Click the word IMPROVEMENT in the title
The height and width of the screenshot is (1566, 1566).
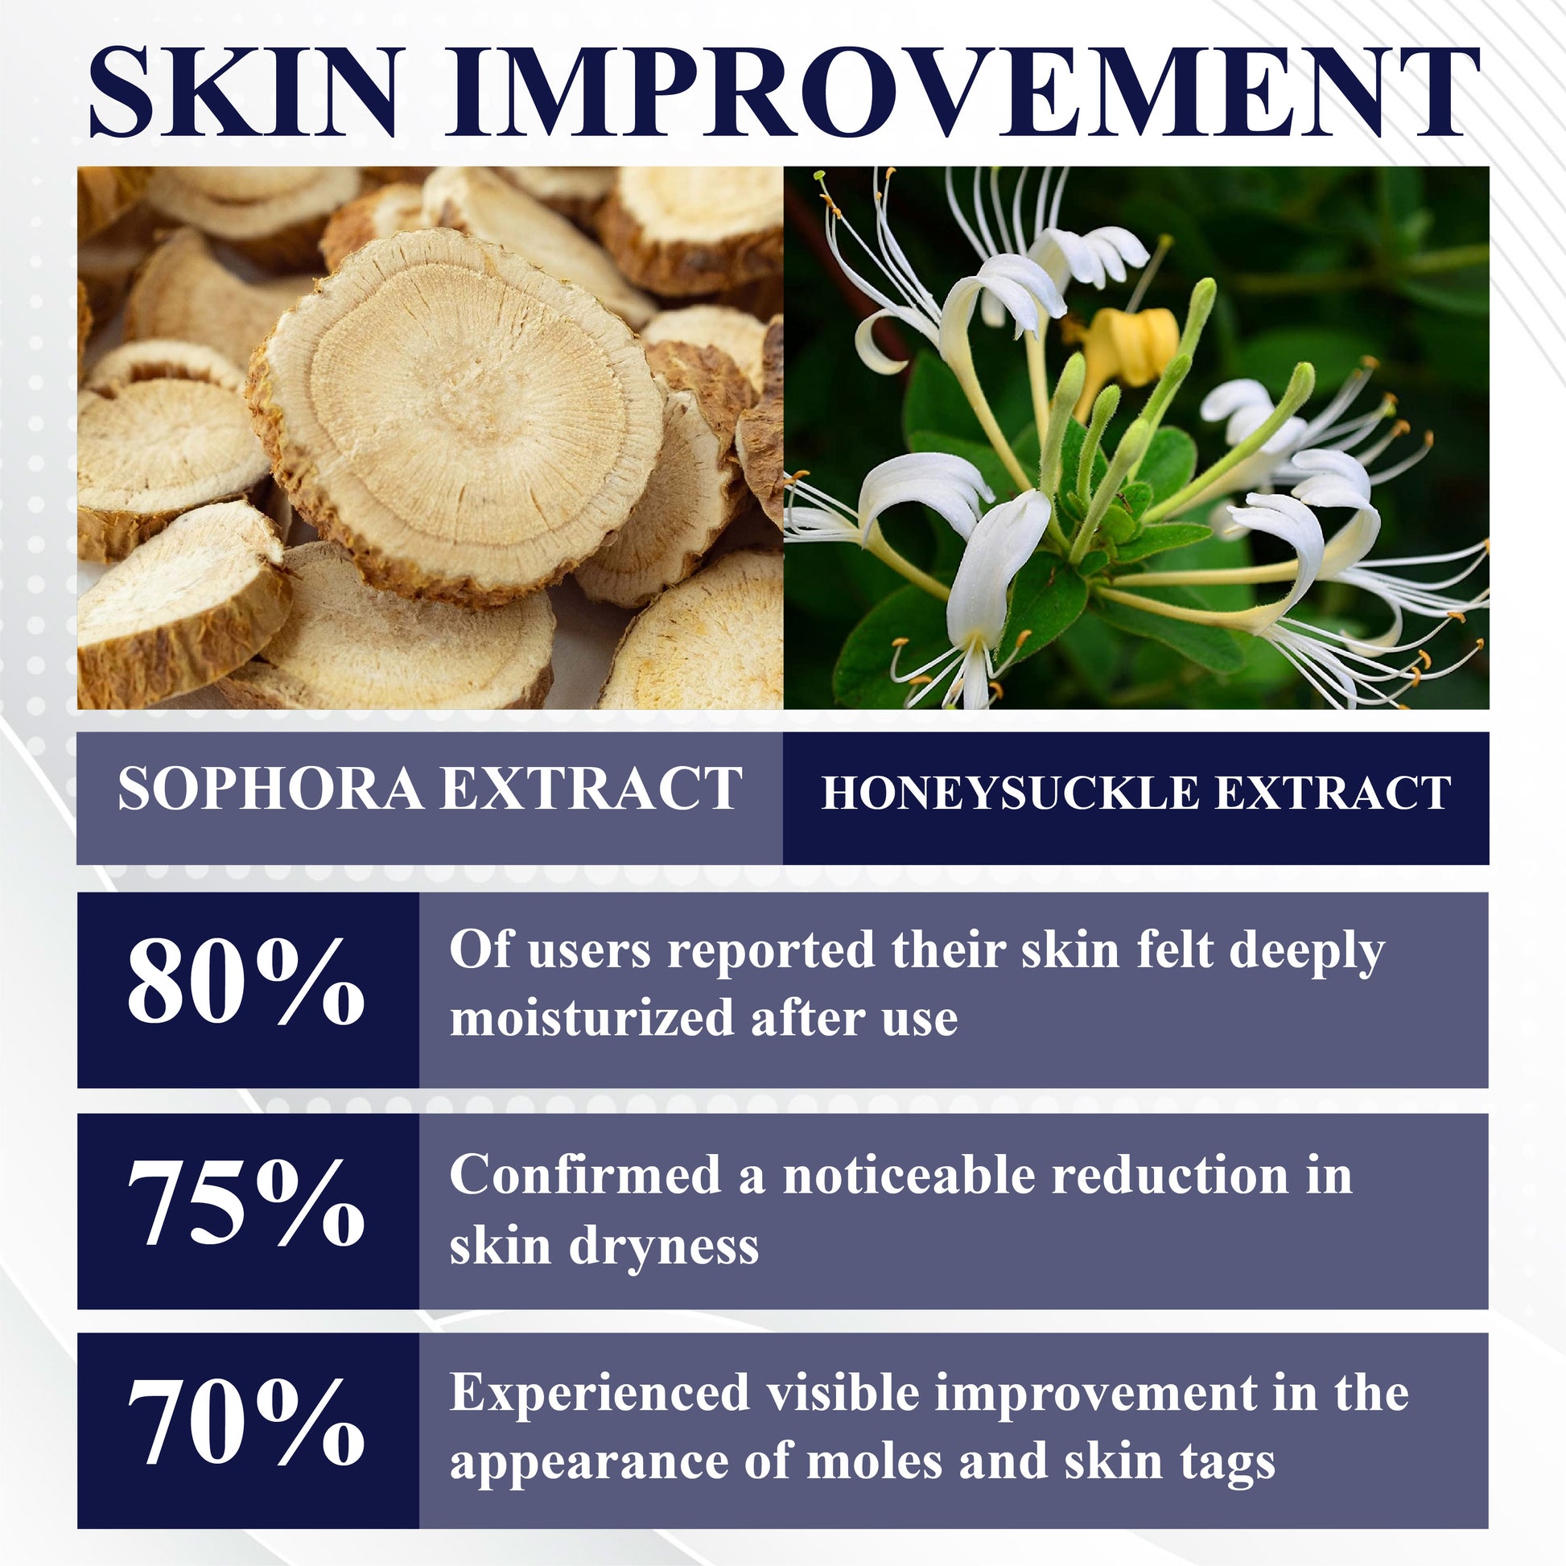coord(964,93)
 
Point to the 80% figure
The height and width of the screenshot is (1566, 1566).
coord(246,982)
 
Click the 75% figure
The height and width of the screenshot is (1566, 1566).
coord(246,1202)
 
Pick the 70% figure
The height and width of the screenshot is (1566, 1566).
coord(246,1421)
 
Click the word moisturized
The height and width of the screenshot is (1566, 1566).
coord(590,1017)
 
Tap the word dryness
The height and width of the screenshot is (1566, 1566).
coord(664,1249)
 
